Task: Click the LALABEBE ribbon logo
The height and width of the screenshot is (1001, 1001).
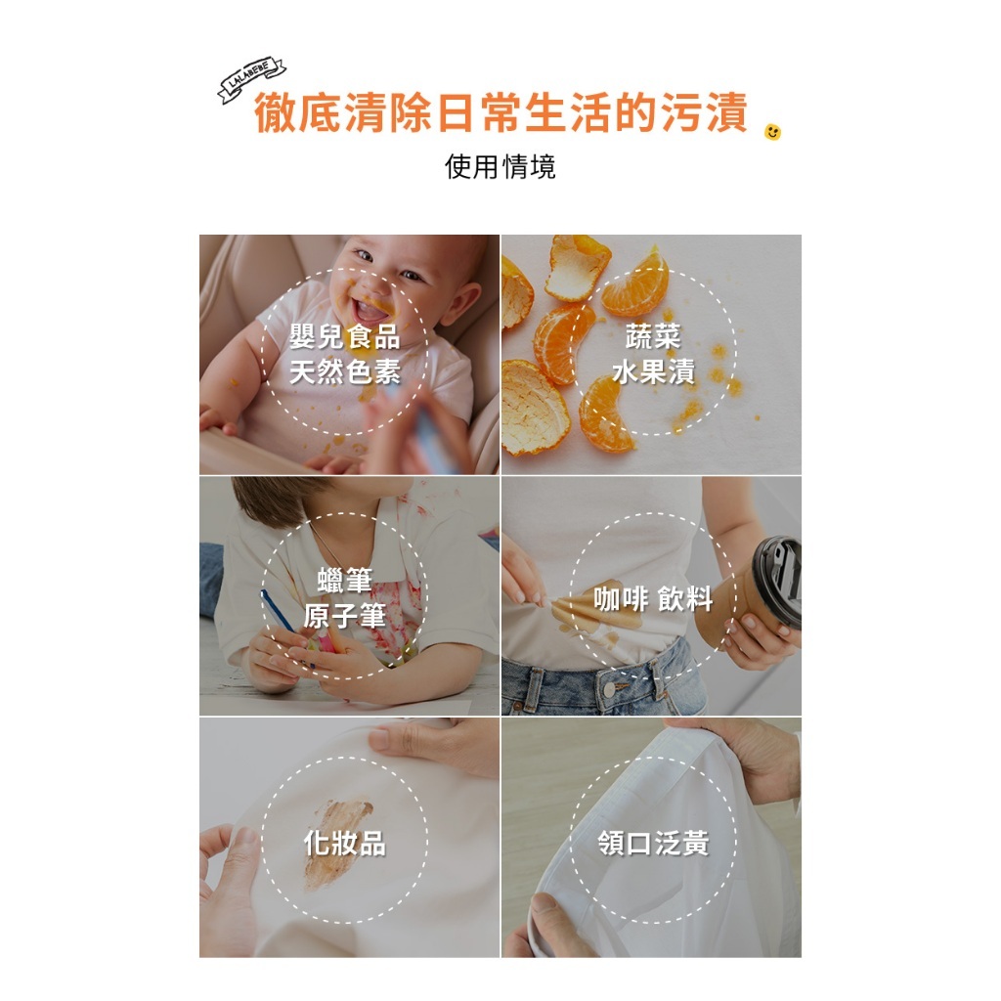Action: coord(251,80)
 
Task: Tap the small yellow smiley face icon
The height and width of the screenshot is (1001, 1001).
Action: coord(773,131)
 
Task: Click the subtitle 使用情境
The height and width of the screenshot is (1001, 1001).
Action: coord(500,167)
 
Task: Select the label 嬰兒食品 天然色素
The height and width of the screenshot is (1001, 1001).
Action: coord(345,355)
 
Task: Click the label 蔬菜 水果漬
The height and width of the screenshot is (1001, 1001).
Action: coord(653,355)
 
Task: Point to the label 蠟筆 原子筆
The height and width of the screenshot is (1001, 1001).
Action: coord(345,599)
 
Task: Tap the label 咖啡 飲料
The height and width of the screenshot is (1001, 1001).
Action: coord(653,599)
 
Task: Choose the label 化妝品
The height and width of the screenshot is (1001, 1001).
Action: coord(345,843)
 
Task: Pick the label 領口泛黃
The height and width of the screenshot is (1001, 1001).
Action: coord(653,843)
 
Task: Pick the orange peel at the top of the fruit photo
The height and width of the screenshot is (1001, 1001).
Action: coord(577,265)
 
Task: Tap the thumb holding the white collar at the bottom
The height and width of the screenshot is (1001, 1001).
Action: coord(553,924)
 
